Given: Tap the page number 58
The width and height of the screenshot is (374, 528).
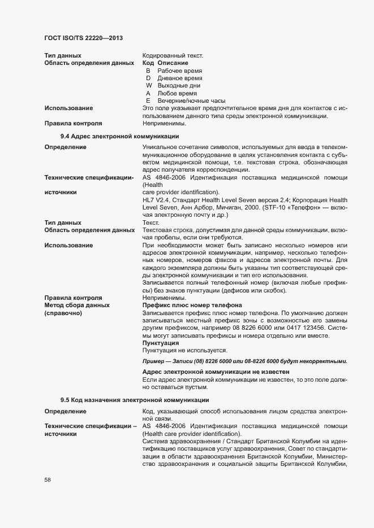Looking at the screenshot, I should (48, 480).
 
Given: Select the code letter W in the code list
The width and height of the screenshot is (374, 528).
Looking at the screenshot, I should (148, 85).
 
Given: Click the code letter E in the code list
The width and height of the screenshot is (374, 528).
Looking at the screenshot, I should (148, 100).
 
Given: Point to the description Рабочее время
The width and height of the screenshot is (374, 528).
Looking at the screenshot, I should (180, 71).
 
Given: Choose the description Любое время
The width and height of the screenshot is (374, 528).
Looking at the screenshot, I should (177, 93).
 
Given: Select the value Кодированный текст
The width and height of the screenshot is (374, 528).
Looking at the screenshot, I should (173, 55).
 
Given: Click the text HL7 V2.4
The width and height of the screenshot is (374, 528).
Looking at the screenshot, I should (156, 200).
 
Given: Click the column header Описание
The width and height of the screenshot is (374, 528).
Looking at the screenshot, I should (173, 63).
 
